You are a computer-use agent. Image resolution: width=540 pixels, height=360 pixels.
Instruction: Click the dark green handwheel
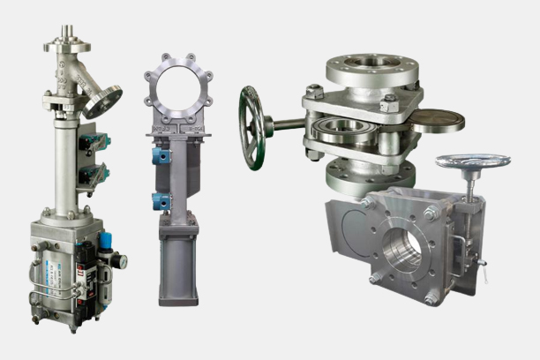click(x=252, y=127)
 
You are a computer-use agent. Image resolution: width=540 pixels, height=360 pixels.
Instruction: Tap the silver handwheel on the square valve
click(x=472, y=162)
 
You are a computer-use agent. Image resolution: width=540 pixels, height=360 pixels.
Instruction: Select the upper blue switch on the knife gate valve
click(x=160, y=155)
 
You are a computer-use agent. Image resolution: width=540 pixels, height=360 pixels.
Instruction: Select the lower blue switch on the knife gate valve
click(x=160, y=201)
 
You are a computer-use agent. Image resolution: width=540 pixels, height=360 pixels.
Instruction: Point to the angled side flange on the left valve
click(x=104, y=101)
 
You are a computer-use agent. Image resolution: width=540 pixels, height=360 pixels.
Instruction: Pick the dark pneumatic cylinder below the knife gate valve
click(x=178, y=265)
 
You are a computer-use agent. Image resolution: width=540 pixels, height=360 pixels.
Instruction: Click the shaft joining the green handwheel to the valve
click(x=286, y=124)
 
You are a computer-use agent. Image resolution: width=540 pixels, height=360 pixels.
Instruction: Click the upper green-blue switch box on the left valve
click(x=94, y=141)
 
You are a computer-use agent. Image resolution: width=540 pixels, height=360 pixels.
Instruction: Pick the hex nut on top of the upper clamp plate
click(x=314, y=90)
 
